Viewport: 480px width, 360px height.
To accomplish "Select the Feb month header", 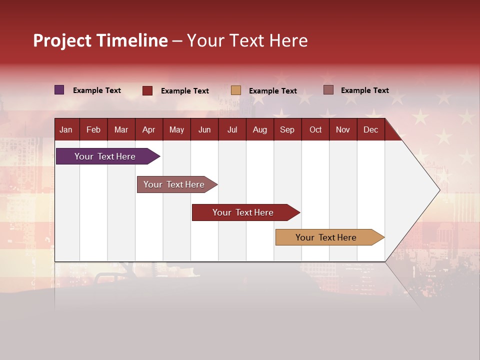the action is tap(93, 129).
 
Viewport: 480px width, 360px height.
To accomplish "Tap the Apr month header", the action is tap(149, 129).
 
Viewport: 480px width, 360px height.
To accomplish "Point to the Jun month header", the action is tap(204, 129).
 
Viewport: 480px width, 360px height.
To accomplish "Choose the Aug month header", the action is tap(260, 129).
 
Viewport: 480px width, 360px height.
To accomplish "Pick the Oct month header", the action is tap(315, 129).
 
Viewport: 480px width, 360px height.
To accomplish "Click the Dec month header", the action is tap(370, 129).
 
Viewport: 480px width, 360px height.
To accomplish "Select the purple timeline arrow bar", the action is tap(108, 156).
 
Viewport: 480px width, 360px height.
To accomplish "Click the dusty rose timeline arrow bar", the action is tap(177, 184).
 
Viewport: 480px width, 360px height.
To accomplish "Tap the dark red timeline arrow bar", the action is tap(246, 212).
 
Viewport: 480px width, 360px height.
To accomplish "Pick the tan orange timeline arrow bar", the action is tap(330, 237).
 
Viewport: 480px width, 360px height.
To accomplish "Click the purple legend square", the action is tap(59, 90).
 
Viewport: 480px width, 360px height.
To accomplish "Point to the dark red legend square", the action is tap(147, 90).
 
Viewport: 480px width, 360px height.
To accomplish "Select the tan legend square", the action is tap(235, 90).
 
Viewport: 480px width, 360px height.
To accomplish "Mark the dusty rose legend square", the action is tap(328, 90).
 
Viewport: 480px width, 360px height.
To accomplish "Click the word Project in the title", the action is tap(62, 40).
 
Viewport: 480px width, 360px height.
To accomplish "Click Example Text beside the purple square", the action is tap(96, 90).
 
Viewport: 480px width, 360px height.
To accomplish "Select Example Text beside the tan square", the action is tap(273, 91).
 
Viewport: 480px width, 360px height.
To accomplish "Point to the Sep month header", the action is tap(287, 129).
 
